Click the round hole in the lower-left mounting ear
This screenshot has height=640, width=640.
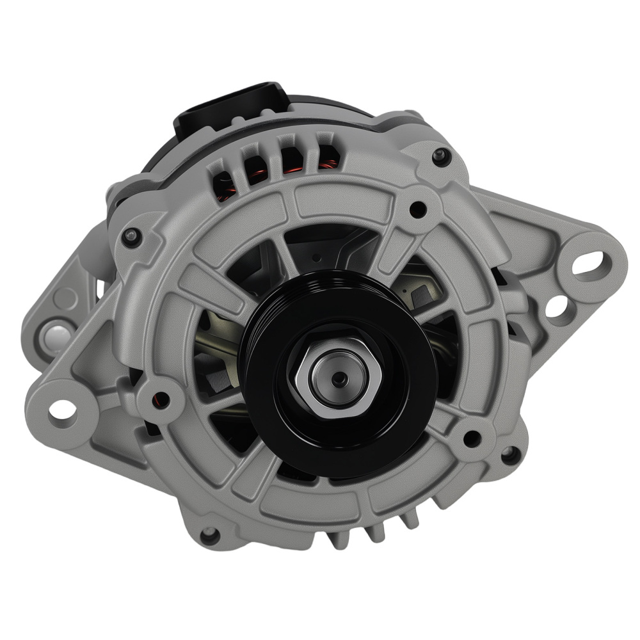pyautogui.click(x=62, y=408)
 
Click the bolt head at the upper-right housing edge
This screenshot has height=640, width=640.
pyautogui.click(x=440, y=156)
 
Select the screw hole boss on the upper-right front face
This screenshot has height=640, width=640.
pyautogui.click(x=417, y=208)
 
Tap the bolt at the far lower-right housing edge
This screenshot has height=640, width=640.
pyautogui.click(x=509, y=456)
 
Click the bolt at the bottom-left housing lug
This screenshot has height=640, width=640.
pyautogui.click(x=209, y=534)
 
